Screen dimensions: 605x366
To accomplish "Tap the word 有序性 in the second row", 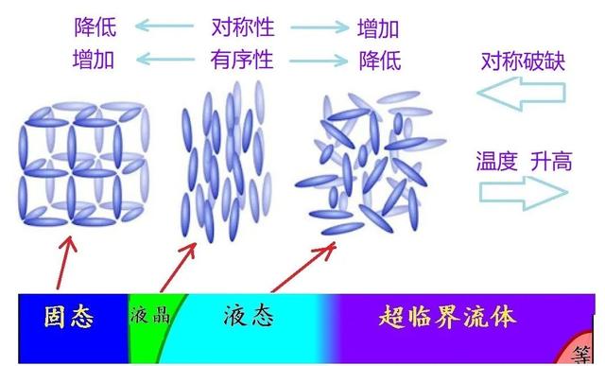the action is pyautogui.click(x=242, y=61).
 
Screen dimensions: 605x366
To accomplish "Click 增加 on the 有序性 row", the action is pyautogui.click(x=94, y=61).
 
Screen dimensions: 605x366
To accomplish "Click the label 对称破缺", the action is pyautogui.click(x=523, y=63).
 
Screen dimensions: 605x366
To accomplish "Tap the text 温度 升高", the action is pyautogui.click(x=524, y=161).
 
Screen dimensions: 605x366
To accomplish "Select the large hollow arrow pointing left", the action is pyautogui.click(x=521, y=95).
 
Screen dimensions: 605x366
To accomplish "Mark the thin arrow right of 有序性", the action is pyautogui.click(x=318, y=61).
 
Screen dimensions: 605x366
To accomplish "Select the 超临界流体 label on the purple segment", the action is pyautogui.click(x=448, y=316).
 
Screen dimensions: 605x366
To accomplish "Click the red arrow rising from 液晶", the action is pyautogui.click(x=179, y=266).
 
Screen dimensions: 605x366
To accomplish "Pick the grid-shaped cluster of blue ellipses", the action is pyautogui.click(x=84, y=164).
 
